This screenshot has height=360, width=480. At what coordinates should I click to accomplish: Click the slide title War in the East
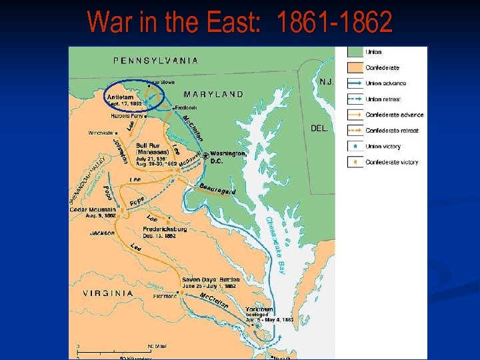tap(239, 23)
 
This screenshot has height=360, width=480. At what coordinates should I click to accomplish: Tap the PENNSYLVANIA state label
tap(156, 60)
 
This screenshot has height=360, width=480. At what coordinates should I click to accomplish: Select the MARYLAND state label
tap(213, 94)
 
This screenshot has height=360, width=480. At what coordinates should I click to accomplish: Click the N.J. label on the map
tap(326, 81)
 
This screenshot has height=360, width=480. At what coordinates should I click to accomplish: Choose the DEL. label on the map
tap(320, 128)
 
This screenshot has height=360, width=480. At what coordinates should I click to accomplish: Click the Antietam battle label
tap(120, 97)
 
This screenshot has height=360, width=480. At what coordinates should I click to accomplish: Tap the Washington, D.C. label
tap(228, 157)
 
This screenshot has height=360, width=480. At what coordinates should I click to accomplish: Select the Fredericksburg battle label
tap(165, 230)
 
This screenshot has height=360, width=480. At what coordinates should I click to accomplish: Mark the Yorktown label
tap(259, 309)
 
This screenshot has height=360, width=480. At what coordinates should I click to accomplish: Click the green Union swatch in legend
tap(355, 53)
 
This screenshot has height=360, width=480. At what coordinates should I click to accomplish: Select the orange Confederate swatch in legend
tap(355, 68)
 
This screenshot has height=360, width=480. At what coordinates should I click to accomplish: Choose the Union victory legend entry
tap(383, 146)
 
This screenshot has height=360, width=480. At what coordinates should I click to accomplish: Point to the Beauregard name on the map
tap(217, 189)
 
